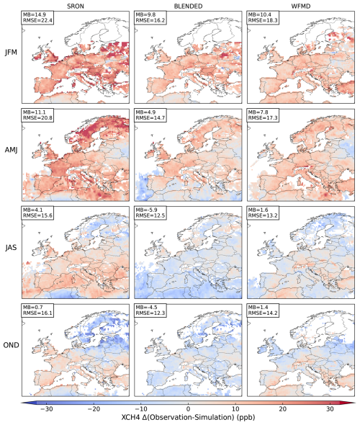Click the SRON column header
point(76,6)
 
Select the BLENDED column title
point(188,6)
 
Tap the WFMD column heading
point(301,6)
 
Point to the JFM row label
point(11,53)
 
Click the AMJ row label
point(11,150)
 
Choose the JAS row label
point(11,248)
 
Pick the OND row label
point(11,345)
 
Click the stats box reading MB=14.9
point(37,17)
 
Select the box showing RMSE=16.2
point(150,17)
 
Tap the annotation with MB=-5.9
point(150,212)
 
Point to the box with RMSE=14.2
point(263,310)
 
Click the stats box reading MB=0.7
point(37,310)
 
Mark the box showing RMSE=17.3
point(263,115)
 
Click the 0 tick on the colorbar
point(188,408)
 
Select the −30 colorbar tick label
point(47,408)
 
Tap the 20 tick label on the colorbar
point(283,408)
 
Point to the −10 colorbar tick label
point(141,408)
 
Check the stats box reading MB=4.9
point(150,115)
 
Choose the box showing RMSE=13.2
point(263,212)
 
